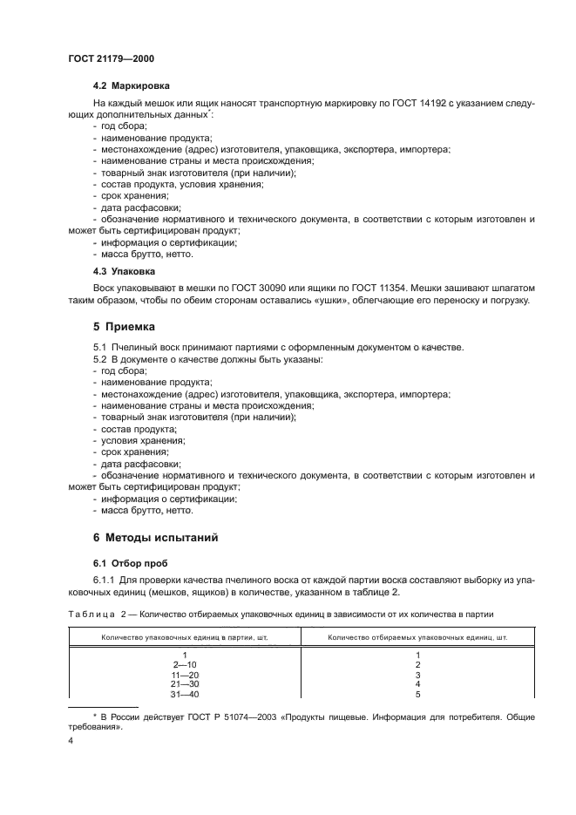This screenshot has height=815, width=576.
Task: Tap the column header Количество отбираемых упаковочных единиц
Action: pos(418,637)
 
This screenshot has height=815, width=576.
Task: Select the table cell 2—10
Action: pos(185,664)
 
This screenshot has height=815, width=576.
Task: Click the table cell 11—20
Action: pos(185,675)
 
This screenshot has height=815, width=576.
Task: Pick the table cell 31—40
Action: pos(185,695)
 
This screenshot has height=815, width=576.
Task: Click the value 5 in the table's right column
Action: pos(418,695)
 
